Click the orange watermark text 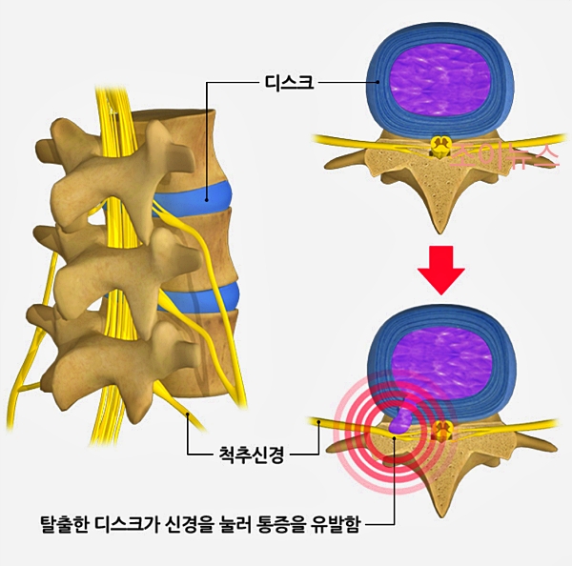[x=501, y=155]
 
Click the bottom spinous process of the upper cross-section [x=440, y=214]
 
